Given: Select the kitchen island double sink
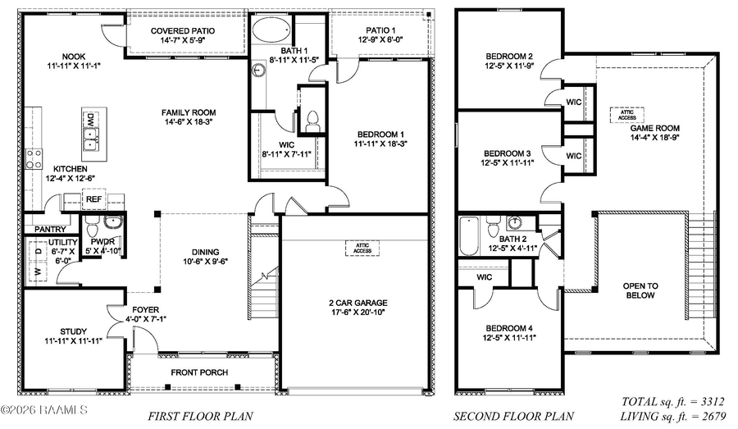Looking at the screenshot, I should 91,133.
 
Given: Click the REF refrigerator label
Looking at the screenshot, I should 93,199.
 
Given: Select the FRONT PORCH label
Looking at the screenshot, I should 199,372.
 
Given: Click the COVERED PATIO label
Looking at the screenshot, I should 183,31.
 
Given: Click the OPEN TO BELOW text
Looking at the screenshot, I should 640,290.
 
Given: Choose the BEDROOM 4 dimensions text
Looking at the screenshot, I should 508,337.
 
